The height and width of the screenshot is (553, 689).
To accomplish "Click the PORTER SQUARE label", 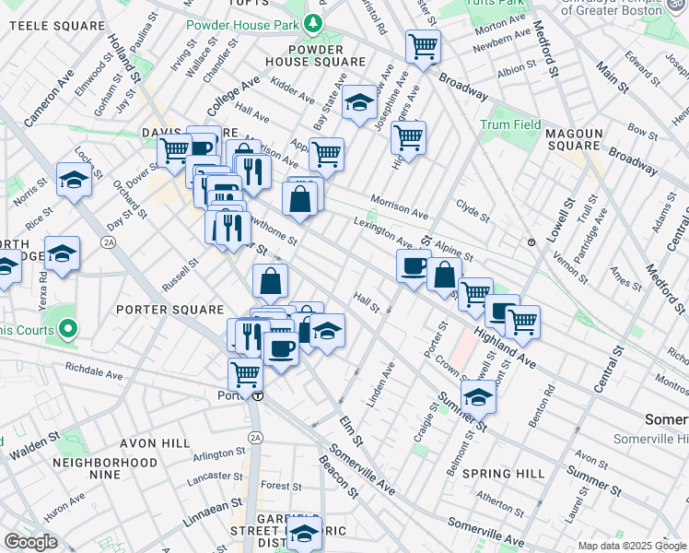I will [170, 309].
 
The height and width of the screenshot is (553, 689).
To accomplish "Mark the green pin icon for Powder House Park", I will [315, 21].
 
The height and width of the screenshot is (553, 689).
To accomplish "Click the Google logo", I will [30, 541].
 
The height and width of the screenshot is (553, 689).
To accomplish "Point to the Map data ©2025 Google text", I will [631, 546].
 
